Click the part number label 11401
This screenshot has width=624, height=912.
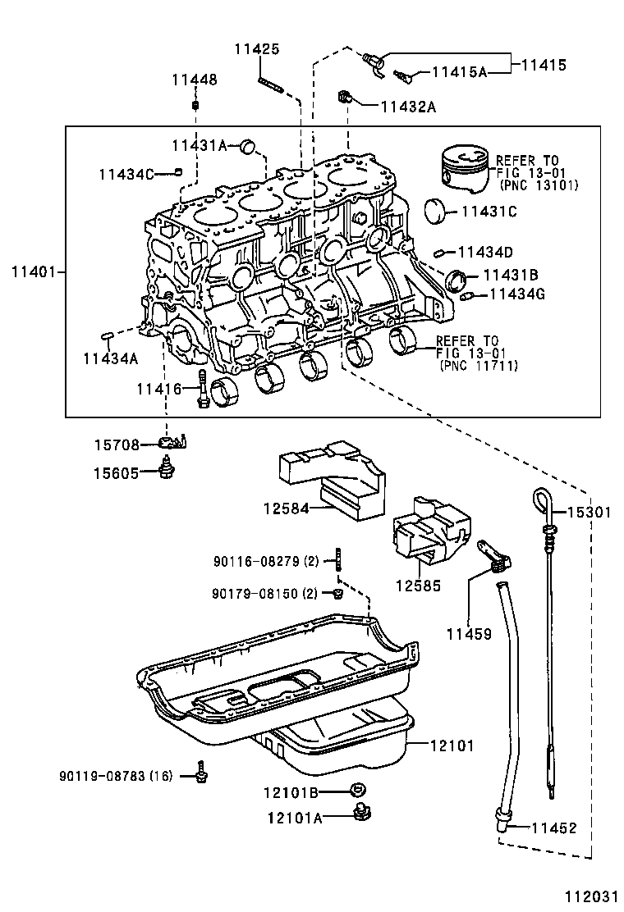[33, 271]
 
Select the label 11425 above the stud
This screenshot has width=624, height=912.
[256, 49]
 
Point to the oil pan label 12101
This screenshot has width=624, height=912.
[451, 746]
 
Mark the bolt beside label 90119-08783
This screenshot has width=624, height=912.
[201, 771]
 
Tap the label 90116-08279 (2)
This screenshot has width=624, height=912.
[265, 562]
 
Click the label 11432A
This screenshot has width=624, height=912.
[408, 106]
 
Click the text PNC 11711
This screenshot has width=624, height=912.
[479, 366]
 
